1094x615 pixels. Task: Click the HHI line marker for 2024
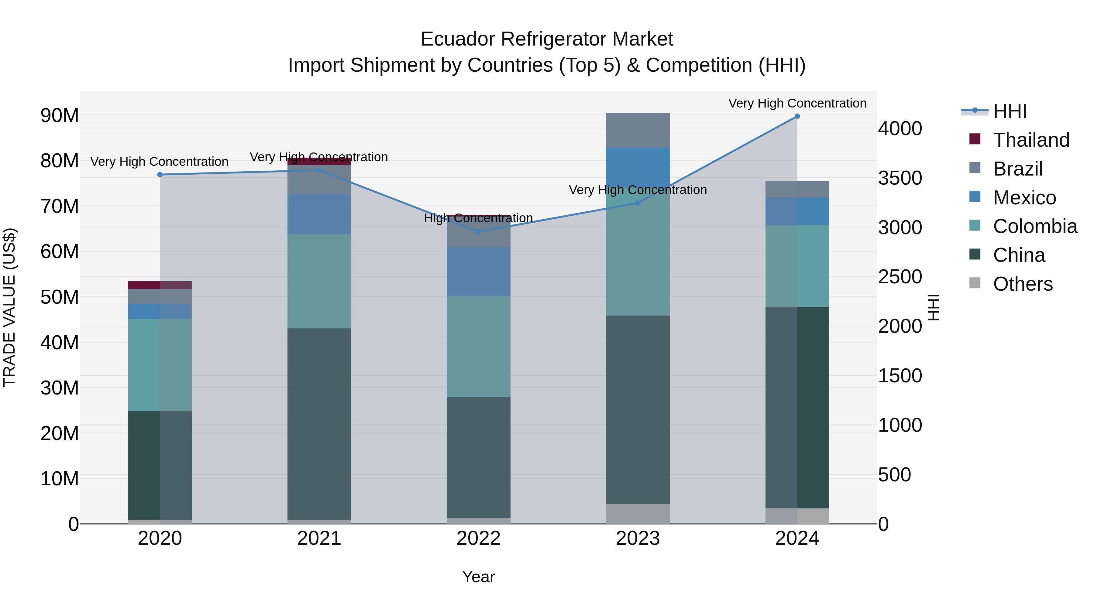tap(797, 116)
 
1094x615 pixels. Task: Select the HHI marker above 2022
tap(479, 232)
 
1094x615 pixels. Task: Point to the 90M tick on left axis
tap(60, 115)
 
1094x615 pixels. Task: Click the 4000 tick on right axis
tap(900, 128)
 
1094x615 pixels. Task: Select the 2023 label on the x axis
tap(638, 538)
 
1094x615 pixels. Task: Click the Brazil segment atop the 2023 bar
tap(638, 130)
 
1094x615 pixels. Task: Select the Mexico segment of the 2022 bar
tap(479, 272)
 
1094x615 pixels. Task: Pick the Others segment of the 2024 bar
tap(797, 516)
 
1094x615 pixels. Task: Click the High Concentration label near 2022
tap(479, 218)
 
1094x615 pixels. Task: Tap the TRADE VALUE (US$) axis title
tap(9, 307)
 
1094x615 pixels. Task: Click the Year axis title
tap(478, 577)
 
